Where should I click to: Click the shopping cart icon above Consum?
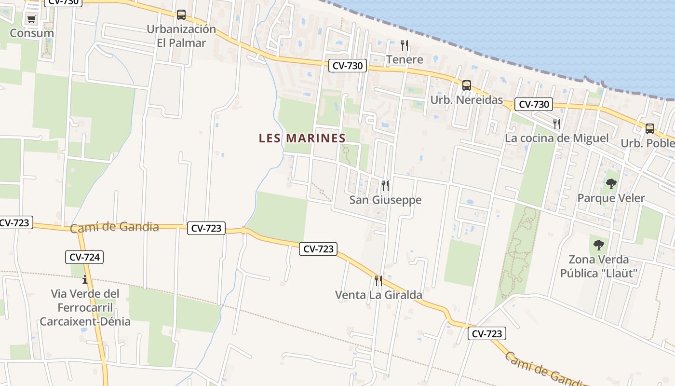[32, 19]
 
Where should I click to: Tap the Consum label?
[32, 33]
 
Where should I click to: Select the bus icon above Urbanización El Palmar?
[181, 15]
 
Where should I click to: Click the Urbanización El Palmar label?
[181, 36]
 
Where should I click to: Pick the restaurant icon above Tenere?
[405, 45]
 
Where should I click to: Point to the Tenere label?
[405, 59]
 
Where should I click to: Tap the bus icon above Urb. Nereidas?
[467, 85]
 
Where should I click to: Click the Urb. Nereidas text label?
[466, 100]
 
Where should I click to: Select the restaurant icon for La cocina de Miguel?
[557, 124]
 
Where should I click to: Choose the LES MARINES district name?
[302, 138]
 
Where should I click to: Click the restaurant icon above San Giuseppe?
[385, 185]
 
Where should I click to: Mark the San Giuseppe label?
[385, 200]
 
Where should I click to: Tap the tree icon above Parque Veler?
[611, 184]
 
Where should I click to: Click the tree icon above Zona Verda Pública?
[599, 245]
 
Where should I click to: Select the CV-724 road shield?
[84, 257]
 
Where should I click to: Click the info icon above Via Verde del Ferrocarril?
[85, 279]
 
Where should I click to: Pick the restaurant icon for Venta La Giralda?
[378, 280]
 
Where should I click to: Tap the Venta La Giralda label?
[378, 295]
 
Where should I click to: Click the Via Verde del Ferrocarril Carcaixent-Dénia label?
[85, 307]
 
